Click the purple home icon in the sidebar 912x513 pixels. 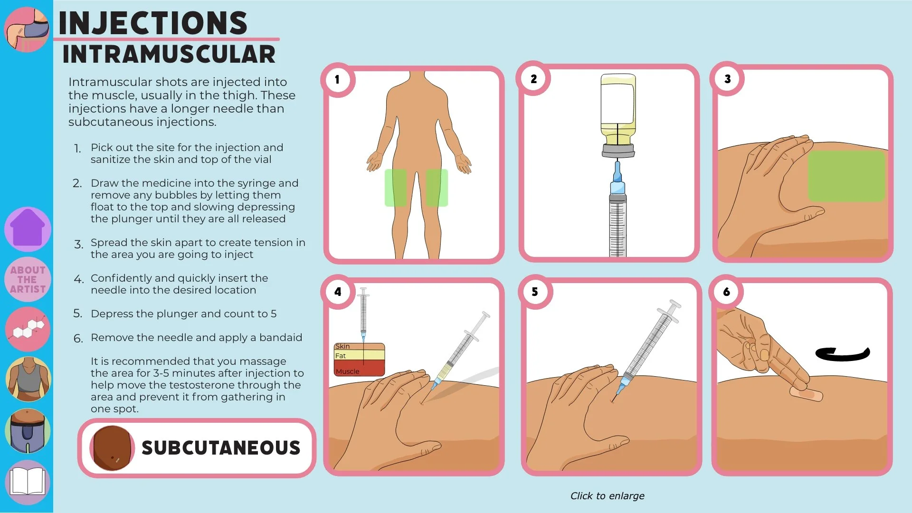28,229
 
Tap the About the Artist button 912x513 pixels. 28,279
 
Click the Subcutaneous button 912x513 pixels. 197,448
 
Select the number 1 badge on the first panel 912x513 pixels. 337,79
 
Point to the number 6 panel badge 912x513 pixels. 726,292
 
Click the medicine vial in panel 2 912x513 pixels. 618,115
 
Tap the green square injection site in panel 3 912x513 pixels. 846,176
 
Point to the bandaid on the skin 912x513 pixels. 806,394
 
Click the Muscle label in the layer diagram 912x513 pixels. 347,371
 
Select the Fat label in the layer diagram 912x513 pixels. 341,356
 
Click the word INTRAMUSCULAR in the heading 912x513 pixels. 169,54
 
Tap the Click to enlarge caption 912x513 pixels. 608,496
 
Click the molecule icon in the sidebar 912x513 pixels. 28,329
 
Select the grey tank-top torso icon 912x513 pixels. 28,379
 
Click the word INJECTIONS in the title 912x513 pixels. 152,23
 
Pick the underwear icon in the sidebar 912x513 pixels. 28,431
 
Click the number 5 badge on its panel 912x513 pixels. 535,292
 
